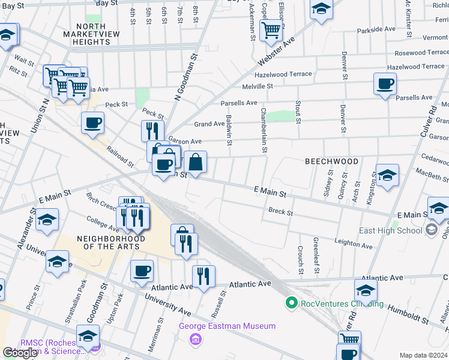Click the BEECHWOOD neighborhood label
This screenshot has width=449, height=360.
coord(331,161)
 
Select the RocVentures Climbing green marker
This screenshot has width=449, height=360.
coord(292,303)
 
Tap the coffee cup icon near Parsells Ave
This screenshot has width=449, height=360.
coord(385,83)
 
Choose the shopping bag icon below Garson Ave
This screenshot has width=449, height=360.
coord(196,161)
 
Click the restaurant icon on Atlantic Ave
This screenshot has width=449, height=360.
coord(203,276)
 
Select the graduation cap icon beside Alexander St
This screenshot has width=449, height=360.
coord(47,220)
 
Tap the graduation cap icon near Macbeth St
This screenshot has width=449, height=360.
coord(387,175)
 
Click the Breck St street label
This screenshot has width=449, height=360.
coord(280,211)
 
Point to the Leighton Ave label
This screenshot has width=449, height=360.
coord(354,245)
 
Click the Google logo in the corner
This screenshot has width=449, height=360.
coord(20,352)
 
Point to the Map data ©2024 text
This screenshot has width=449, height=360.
coord(423,355)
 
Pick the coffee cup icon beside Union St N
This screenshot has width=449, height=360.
coord(92,122)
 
